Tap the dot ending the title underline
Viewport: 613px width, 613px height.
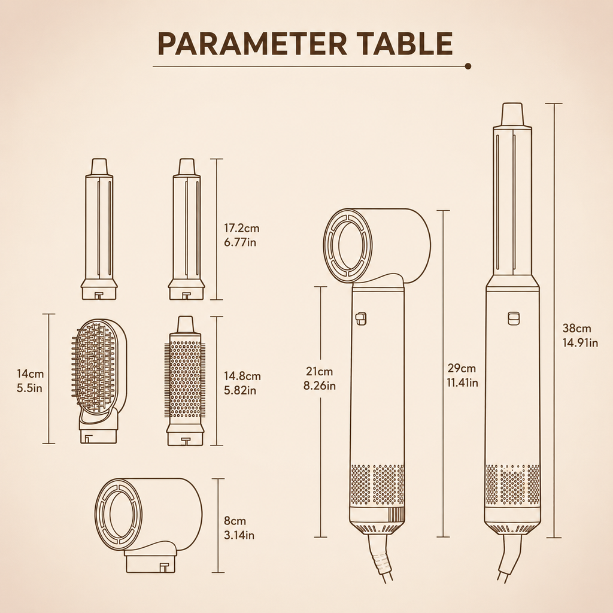click(x=468, y=66)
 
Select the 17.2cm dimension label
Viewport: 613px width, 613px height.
click(x=241, y=228)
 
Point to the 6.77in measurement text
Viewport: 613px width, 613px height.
click(x=240, y=242)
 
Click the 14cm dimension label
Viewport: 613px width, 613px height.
click(x=30, y=374)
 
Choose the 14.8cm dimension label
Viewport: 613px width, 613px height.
click(x=242, y=376)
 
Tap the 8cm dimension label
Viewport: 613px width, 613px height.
click(x=235, y=521)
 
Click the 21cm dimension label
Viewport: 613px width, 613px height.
click(x=319, y=371)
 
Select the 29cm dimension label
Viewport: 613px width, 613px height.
click(x=462, y=368)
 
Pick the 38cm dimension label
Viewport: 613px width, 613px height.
click(x=576, y=329)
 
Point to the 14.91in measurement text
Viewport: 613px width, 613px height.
click(x=580, y=343)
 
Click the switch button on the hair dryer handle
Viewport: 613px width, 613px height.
click(x=361, y=318)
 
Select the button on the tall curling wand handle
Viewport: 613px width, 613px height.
click(x=513, y=318)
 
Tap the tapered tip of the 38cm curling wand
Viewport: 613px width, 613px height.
click(x=512, y=115)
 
